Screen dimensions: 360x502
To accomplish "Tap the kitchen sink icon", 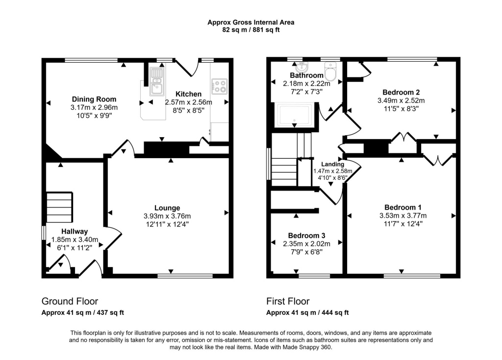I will click(157, 84).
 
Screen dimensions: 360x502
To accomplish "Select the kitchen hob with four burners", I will click(219, 87).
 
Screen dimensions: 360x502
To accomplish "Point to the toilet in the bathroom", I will click(331, 72).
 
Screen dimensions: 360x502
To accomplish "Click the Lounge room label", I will click(168, 208).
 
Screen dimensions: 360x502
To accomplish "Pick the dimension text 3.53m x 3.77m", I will click(403, 216).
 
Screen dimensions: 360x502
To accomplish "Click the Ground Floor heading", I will click(70, 301).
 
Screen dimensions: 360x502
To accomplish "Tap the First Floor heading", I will click(288, 301).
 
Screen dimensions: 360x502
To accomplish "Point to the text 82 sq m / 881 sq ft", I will click(251, 29).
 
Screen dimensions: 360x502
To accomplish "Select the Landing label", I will click(332, 164).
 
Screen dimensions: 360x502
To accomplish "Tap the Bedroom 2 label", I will click(401, 92).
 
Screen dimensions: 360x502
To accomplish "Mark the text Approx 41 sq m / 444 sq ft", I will click(307, 312).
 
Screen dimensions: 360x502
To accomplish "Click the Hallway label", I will click(75, 231).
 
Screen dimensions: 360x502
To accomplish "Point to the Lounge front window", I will click(185, 276).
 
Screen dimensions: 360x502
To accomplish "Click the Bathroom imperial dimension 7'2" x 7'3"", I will click(307, 92).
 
